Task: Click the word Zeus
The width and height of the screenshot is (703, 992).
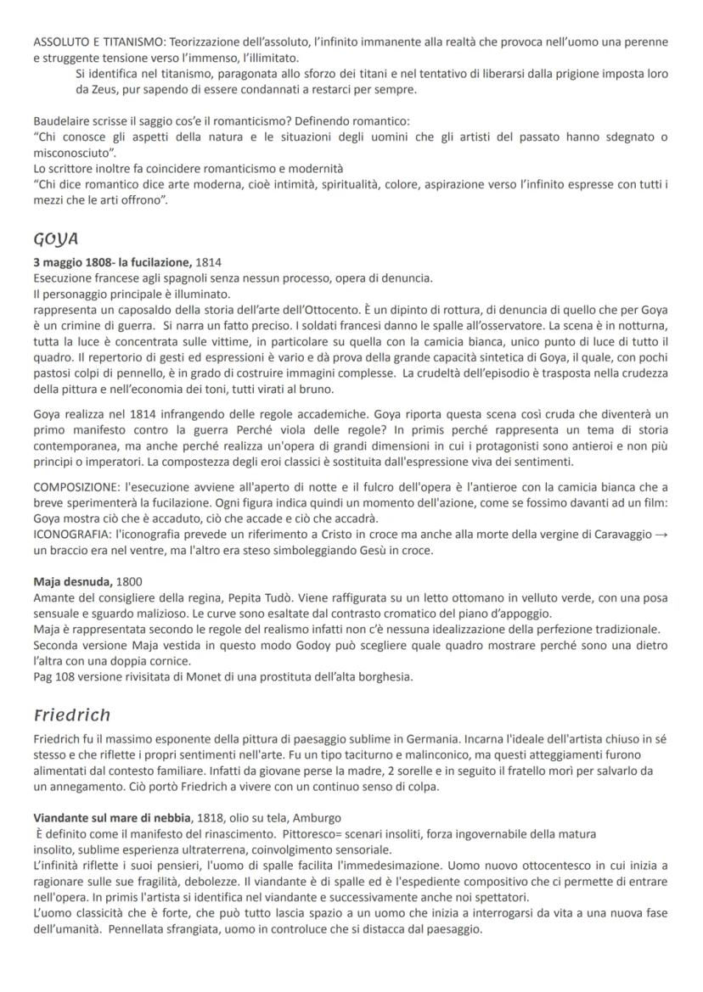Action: [x=105, y=90]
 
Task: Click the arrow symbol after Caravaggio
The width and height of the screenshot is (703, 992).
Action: [x=659, y=535]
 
